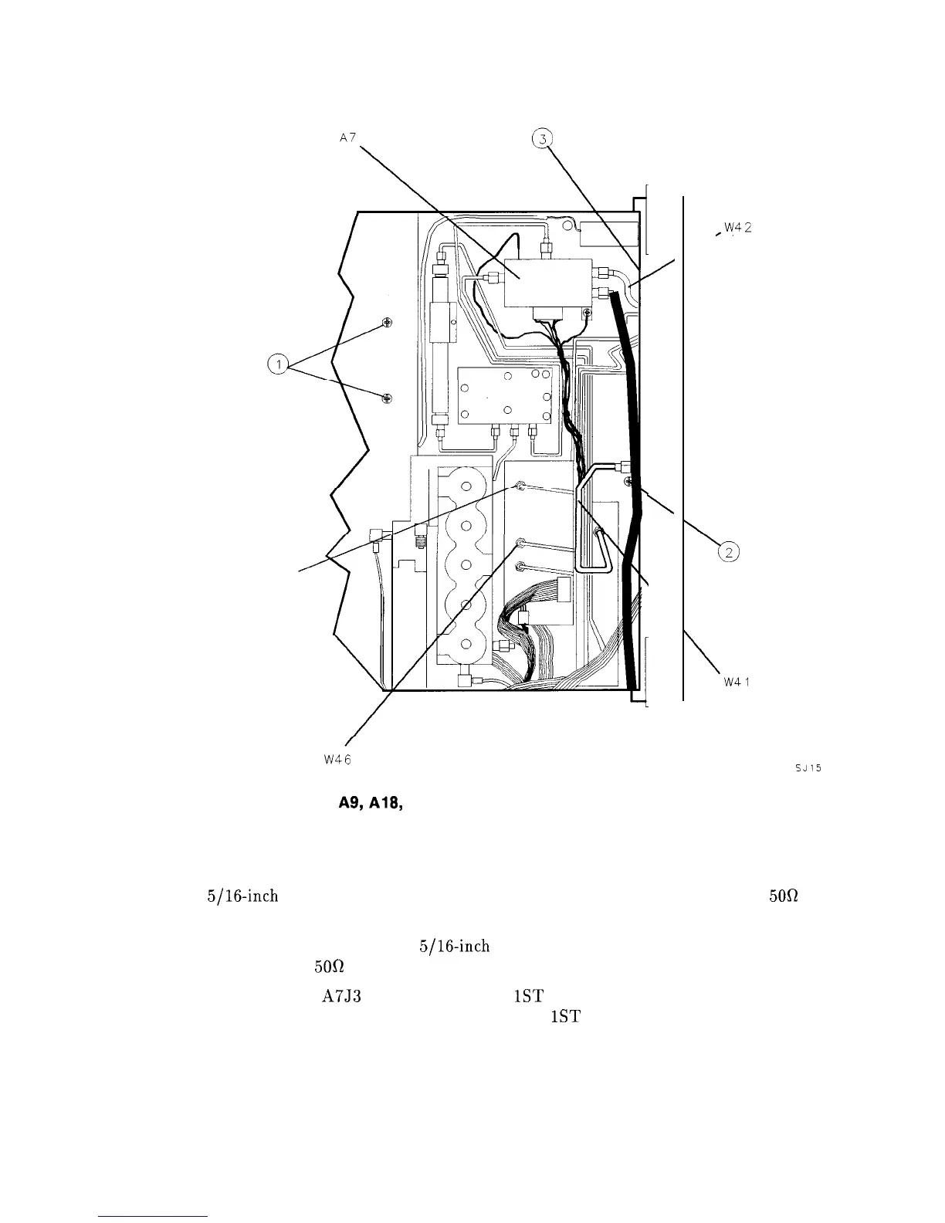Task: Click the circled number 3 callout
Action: (x=544, y=139)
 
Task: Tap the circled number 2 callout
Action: (x=728, y=551)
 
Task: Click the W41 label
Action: (x=737, y=683)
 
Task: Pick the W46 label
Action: (x=337, y=759)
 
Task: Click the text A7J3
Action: (x=342, y=994)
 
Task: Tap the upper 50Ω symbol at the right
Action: (x=781, y=897)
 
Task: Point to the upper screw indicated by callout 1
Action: (x=387, y=325)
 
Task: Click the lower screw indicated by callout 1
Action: (x=387, y=398)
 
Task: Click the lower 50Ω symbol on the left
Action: (x=328, y=967)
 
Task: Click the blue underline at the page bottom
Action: (x=154, y=1216)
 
